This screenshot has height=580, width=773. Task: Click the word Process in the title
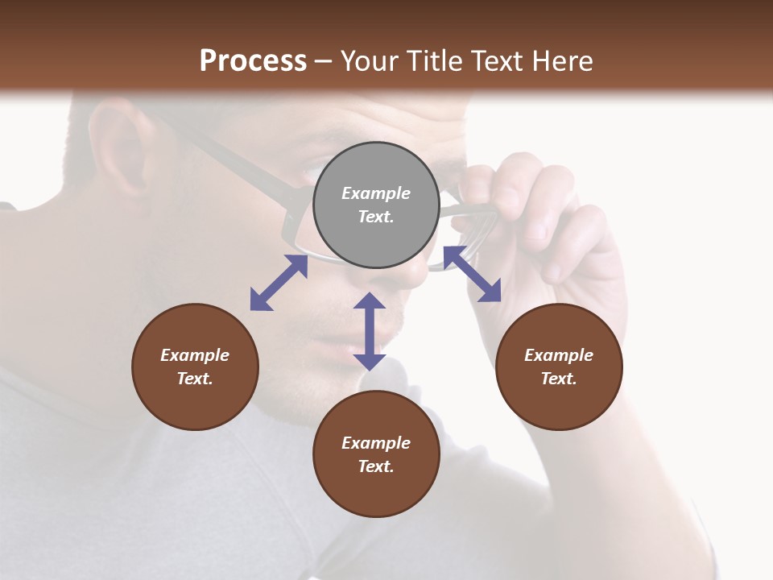(x=253, y=61)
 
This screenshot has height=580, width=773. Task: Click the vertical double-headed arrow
(x=370, y=331)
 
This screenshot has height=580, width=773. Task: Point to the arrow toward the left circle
(x=279, y=283)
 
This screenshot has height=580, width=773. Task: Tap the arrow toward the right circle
(x=472, y=274)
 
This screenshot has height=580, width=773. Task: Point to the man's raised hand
(x=556, y=234)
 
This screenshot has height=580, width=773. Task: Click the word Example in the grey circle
(x=376, y=193)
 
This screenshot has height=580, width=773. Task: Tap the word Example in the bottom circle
(x=376, y=443)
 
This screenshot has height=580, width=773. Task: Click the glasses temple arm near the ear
(x=234, y=161)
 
